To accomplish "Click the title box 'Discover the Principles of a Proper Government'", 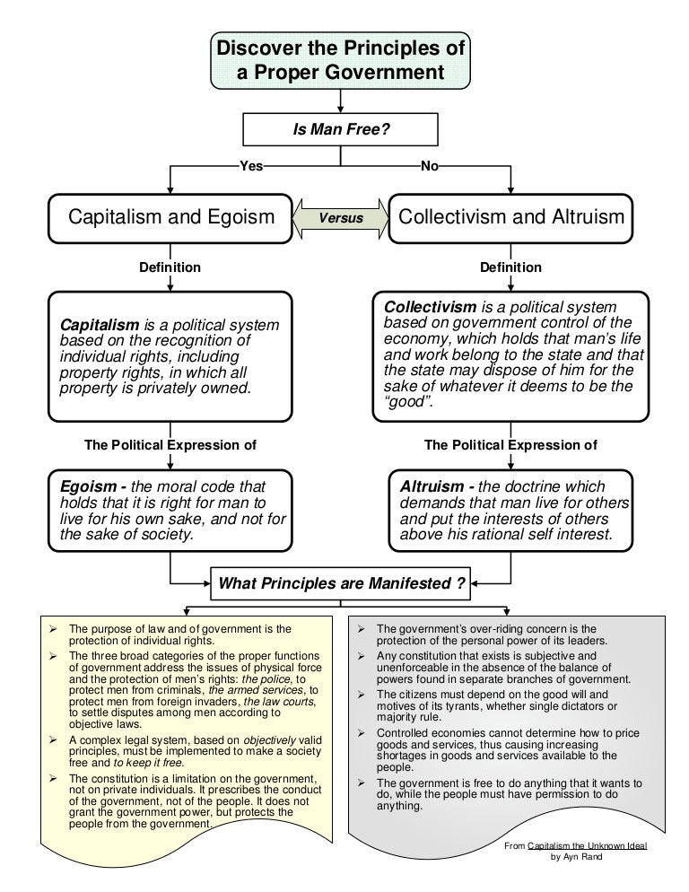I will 340,58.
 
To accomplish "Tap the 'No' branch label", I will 429,165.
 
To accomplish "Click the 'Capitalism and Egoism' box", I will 171,218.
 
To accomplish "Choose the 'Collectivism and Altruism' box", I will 511,218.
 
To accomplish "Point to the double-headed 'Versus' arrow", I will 342,218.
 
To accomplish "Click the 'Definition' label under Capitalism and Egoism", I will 170,267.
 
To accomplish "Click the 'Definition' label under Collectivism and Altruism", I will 510,267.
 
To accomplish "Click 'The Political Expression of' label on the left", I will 170,444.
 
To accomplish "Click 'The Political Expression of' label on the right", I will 510,444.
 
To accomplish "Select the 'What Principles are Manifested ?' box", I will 340,584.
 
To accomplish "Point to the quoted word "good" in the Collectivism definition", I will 408,402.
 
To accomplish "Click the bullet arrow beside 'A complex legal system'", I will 54,739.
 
